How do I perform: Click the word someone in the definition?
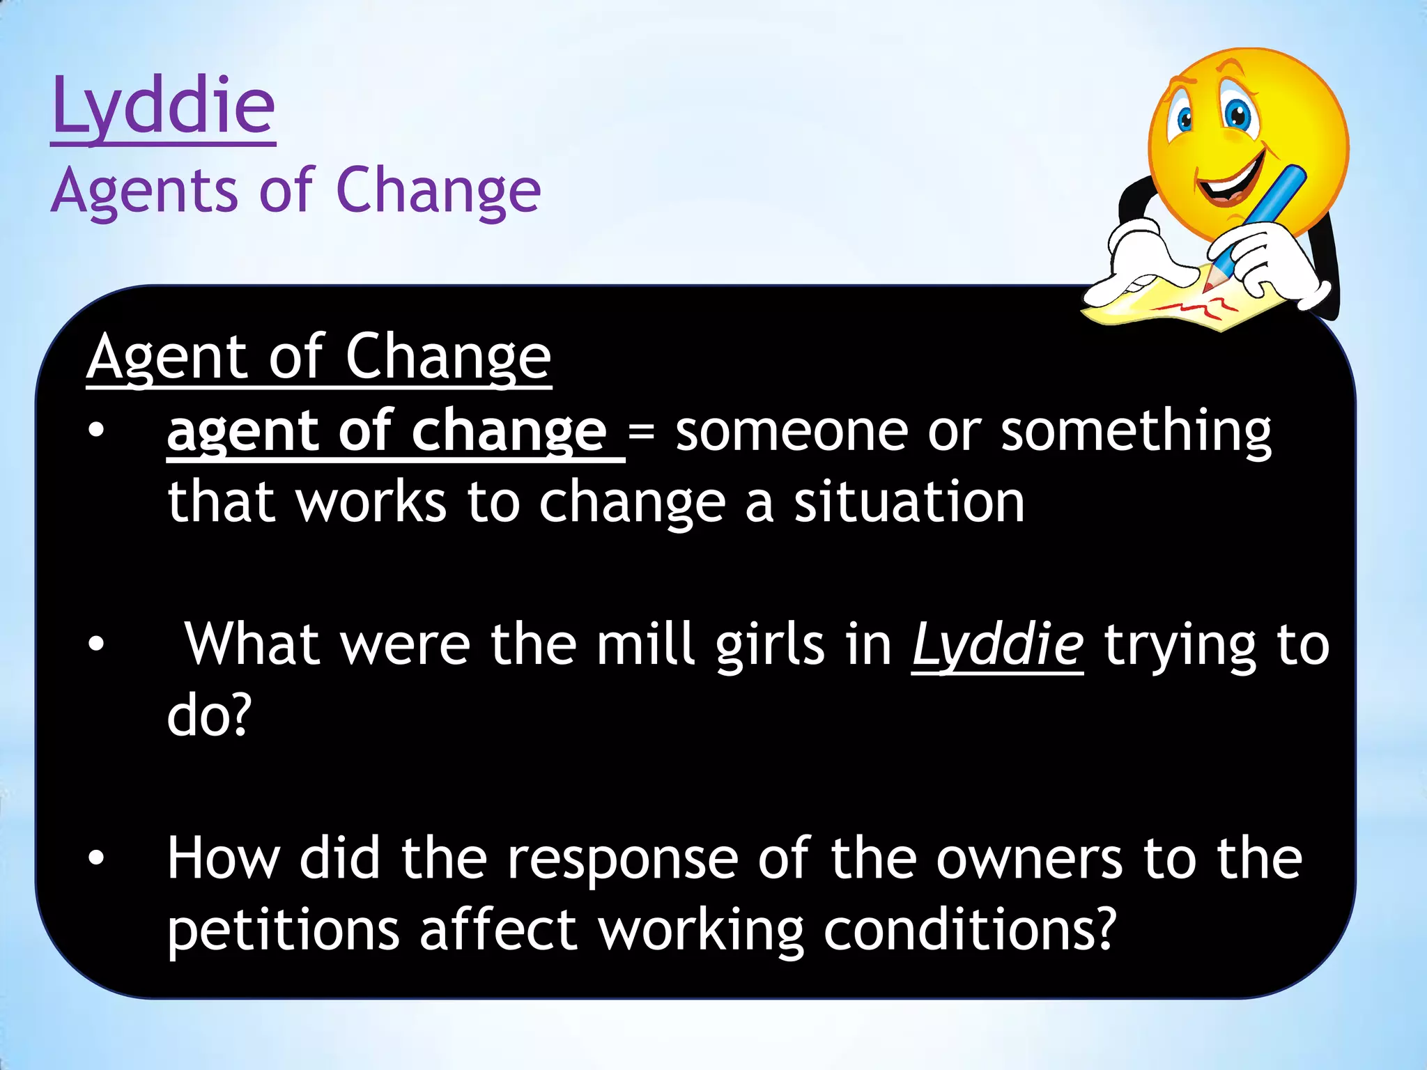point(791,432)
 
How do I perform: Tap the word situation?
point(909,503)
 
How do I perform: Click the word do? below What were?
point(208,716)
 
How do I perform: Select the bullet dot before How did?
point(96,859)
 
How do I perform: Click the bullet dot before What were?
point(96,645)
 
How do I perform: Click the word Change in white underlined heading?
point(448,357)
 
